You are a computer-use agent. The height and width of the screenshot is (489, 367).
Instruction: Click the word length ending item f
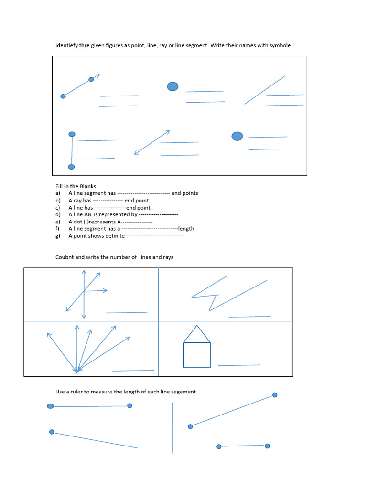coord(186,229)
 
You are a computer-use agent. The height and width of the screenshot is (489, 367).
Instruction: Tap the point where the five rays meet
coord(76,371)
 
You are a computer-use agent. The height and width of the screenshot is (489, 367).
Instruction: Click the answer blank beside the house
coord(239,365)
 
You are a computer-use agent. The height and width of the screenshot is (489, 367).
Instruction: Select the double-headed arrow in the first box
coord(152,142)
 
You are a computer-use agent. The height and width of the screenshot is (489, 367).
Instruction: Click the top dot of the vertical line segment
coord(72,134)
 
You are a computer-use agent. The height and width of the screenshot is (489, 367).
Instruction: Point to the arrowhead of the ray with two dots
coord(97,75)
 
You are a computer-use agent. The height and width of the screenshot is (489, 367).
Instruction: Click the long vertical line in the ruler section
coord(173,428)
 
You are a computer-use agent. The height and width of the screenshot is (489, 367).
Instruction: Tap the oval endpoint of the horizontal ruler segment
coord(50,406)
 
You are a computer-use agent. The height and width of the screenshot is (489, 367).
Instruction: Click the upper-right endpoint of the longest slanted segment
coord(275,395)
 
